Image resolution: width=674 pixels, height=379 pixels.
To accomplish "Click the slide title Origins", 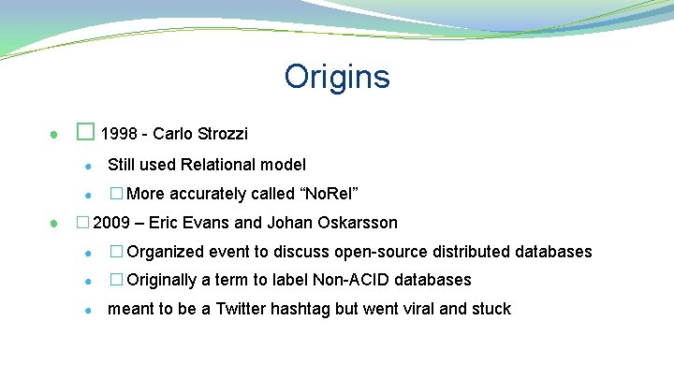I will click(x=337, y=77).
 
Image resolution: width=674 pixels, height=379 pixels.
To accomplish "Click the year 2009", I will click(x=111, y=223).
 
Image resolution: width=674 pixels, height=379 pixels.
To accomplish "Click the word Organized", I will click(x=166, y=252).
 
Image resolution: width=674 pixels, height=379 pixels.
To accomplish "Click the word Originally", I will click(x=163, y=280).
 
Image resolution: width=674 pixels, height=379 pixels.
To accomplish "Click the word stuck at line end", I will click(x=491, y=309).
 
